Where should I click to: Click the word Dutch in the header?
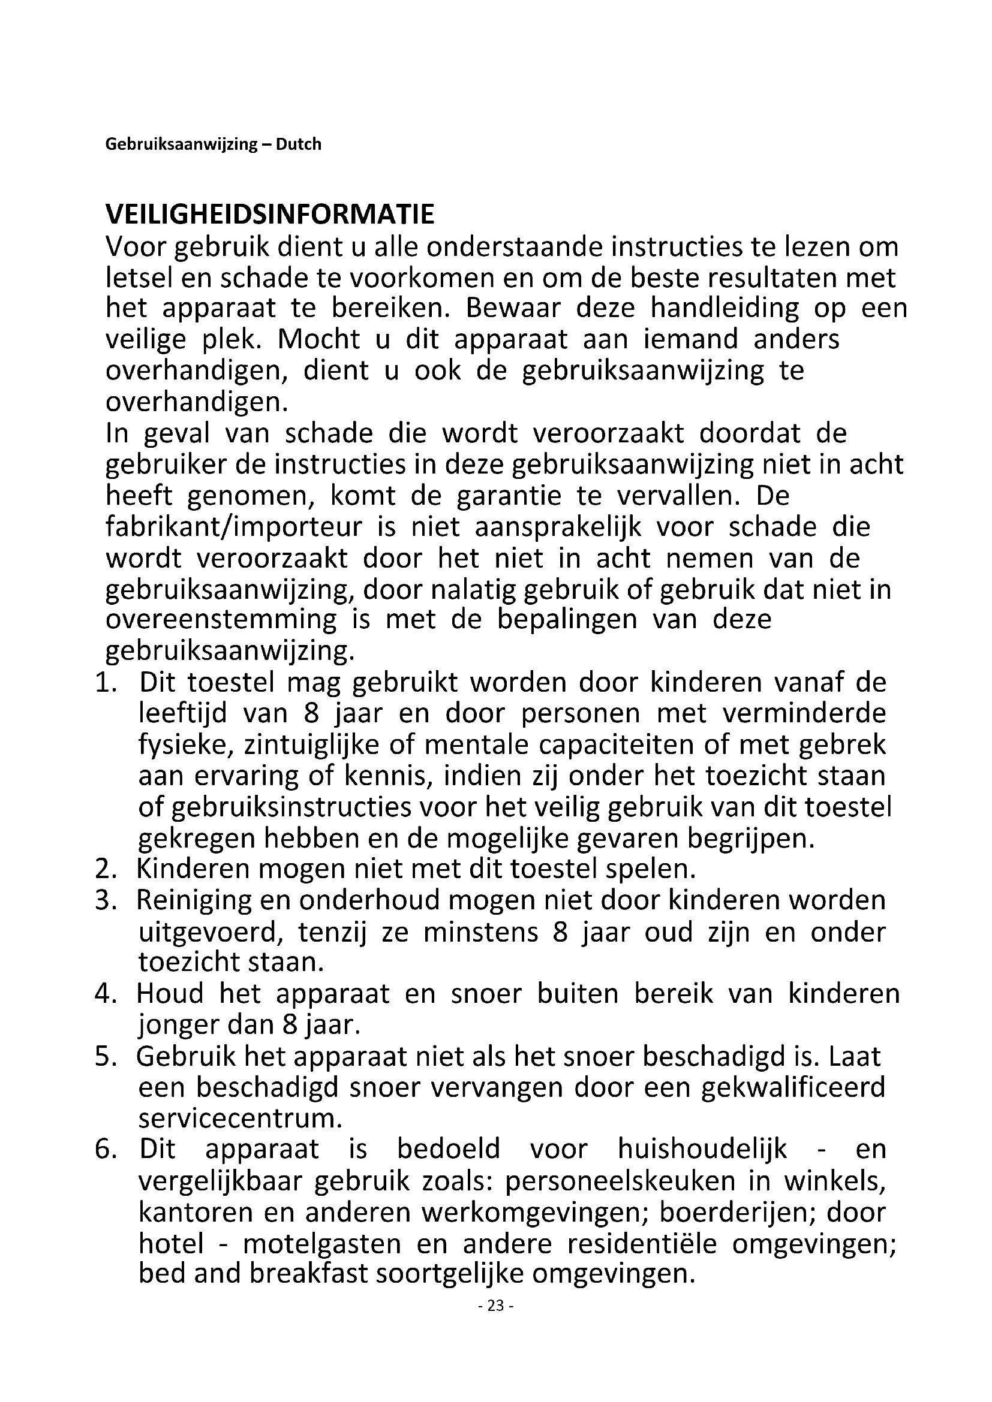(299, 144)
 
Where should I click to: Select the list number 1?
(105, 683)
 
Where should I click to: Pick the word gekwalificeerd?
(793, 1088)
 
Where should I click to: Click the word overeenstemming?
(221, 620)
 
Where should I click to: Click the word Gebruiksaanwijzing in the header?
(181, 144)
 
